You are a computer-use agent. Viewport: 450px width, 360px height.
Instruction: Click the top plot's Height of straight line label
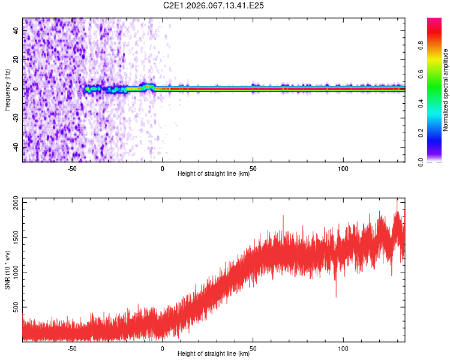214,174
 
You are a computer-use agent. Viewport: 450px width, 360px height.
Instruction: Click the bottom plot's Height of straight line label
214,354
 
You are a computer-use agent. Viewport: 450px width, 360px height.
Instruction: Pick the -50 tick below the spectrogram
72,168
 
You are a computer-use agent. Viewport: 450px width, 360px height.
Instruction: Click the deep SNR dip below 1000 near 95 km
336,296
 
